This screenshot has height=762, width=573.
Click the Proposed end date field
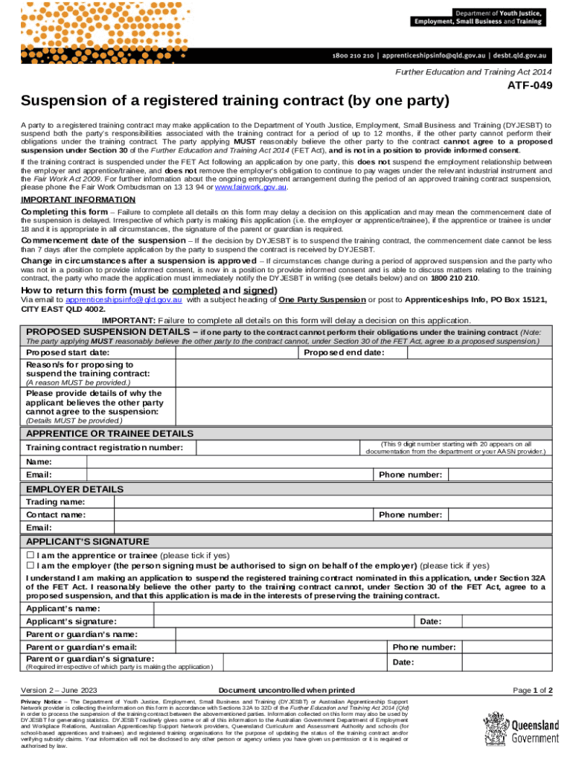click(469, 352)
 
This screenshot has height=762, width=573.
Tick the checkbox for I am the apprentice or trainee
click(30, 555)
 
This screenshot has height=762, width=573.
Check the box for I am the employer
click(30, 565)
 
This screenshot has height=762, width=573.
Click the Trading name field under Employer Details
click(320, 502)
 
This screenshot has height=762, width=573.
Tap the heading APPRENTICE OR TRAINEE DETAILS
click(109, 433)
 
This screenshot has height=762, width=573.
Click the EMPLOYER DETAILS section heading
click(74, 489)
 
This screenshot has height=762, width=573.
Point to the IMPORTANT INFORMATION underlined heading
click(68, 199)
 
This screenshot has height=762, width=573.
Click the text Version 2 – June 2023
click(59, 690)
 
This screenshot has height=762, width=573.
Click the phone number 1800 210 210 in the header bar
click(358, 56)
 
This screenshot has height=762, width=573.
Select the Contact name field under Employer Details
click(242, 515)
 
